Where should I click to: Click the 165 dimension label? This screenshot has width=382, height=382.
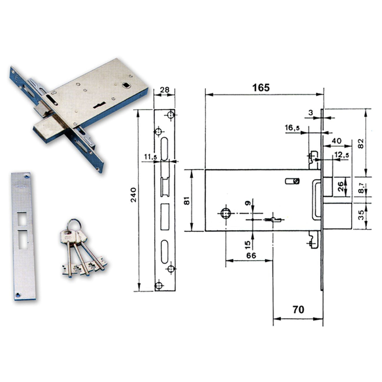[261, 88]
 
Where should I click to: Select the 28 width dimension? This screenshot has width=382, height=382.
[165, 90]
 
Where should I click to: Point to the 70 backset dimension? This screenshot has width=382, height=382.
[298, 309]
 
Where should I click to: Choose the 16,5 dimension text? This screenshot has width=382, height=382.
[292, 128]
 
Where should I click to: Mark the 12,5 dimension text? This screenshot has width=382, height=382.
[341, 155]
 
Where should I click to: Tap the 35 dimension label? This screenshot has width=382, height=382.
[362, 215]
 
